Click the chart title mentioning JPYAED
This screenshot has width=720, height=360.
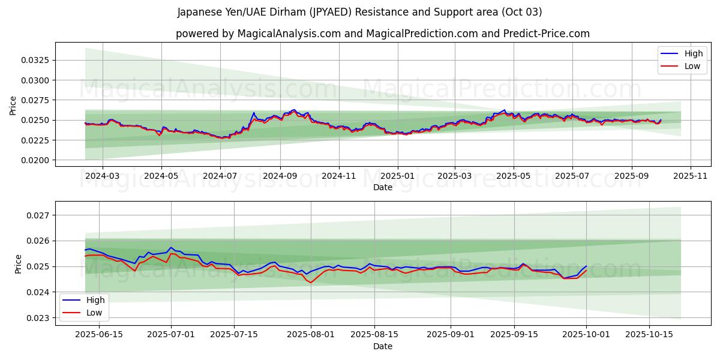click(360, 12)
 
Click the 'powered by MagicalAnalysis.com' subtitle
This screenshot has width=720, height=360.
click(383, 34)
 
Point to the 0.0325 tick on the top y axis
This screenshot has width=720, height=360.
click(37, 61)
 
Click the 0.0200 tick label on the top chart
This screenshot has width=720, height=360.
click(37, 160)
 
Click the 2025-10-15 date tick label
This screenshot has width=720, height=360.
click(649, 335)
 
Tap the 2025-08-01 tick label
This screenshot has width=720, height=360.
click(311, 335)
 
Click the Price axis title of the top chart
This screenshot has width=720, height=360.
click(13, 105)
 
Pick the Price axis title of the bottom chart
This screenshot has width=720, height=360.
click(18, 264)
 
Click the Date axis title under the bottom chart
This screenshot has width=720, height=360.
click(383, 346)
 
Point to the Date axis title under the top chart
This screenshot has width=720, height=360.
click(383, 187)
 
